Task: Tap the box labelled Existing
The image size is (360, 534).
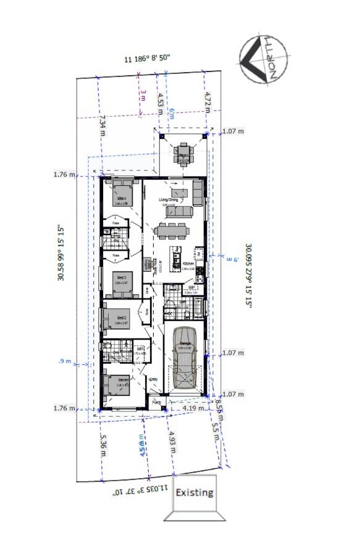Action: point(195,493)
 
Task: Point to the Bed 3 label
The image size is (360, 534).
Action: point(121,278)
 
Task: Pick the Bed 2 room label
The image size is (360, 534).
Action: point(121,319)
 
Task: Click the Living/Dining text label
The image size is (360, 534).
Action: point(169,200)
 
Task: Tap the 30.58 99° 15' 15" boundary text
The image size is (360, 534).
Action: point(62,252)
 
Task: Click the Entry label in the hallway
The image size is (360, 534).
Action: point(154,379)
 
